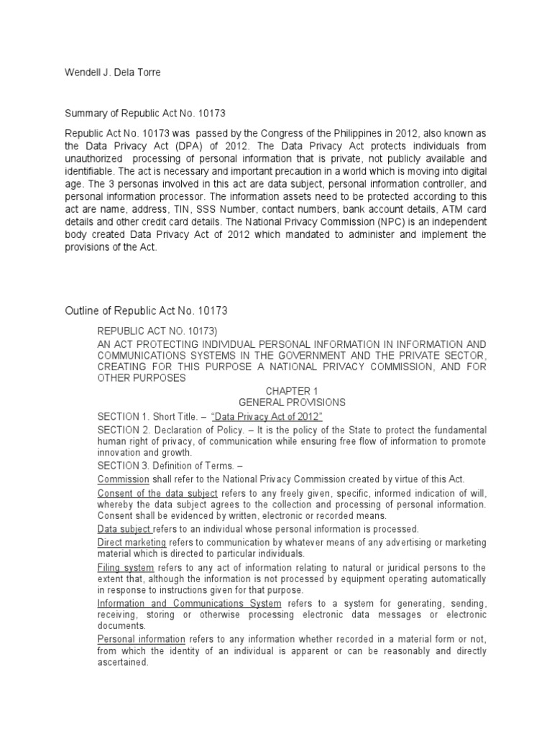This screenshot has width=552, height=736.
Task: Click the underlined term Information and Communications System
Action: [189, 603]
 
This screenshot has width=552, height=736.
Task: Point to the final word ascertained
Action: [122, 663]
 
